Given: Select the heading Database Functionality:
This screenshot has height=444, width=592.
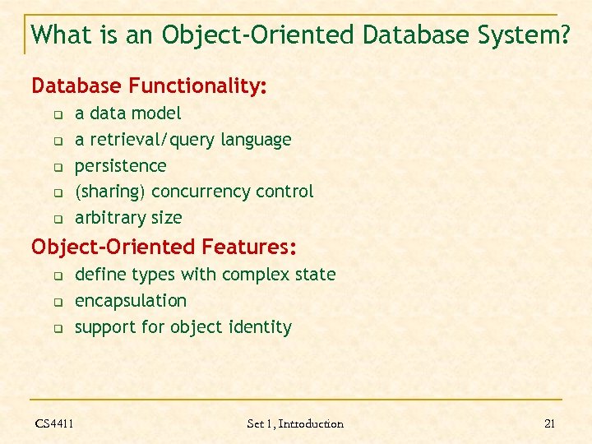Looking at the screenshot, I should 149,86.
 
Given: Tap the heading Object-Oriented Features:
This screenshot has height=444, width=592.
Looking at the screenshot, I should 164,247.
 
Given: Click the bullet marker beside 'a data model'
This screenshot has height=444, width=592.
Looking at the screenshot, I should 58,114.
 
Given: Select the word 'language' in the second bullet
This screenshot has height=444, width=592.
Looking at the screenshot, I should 256,140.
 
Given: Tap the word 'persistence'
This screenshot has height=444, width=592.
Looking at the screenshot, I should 120,166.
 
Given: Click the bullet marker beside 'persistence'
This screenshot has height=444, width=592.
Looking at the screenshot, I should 58,167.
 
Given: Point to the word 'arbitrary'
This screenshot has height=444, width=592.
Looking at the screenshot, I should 109,218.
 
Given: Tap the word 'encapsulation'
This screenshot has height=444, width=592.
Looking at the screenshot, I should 131,301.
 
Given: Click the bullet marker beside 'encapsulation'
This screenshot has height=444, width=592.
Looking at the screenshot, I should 58,302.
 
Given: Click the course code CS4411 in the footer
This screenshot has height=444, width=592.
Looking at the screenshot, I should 54,423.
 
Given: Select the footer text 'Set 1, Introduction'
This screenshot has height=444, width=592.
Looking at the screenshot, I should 295,423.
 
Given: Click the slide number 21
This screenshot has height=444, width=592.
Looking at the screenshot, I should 550,423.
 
